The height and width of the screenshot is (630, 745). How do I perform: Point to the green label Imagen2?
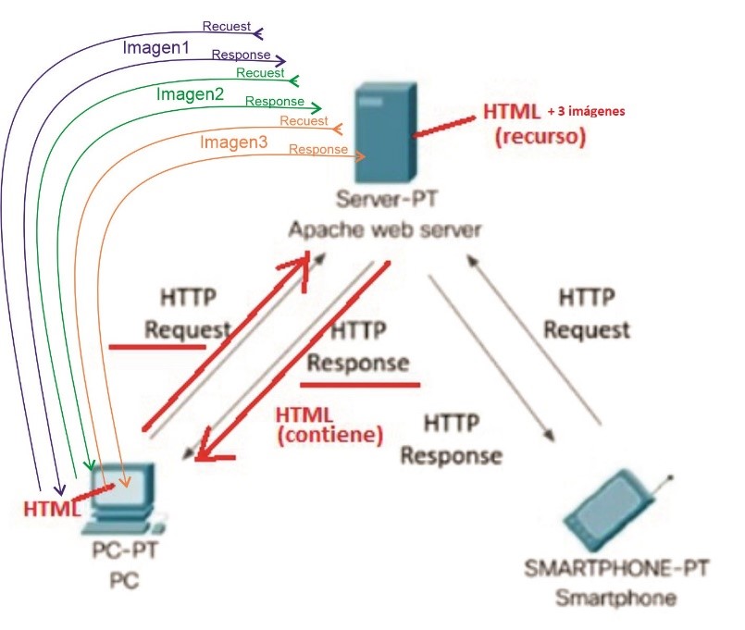pos(190,93)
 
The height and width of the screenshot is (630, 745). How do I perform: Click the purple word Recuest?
pos(227,25)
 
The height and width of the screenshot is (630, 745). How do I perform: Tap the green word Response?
pos(275,101)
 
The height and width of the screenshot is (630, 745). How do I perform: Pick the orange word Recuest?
pos(304,120)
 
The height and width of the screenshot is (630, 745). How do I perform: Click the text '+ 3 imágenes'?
pos(587,111)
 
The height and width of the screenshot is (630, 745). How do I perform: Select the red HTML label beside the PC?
pos(45,508)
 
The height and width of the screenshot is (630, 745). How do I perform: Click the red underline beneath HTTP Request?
pos(157,348)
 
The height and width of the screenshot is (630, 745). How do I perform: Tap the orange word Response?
pos(317,149)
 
